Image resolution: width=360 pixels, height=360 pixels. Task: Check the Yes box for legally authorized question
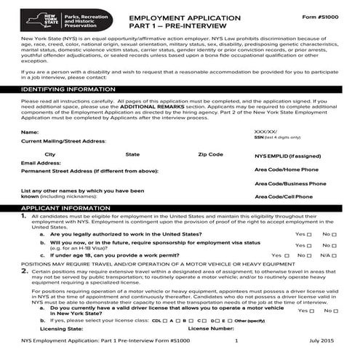310,235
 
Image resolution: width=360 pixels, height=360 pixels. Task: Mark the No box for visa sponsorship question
335,246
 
